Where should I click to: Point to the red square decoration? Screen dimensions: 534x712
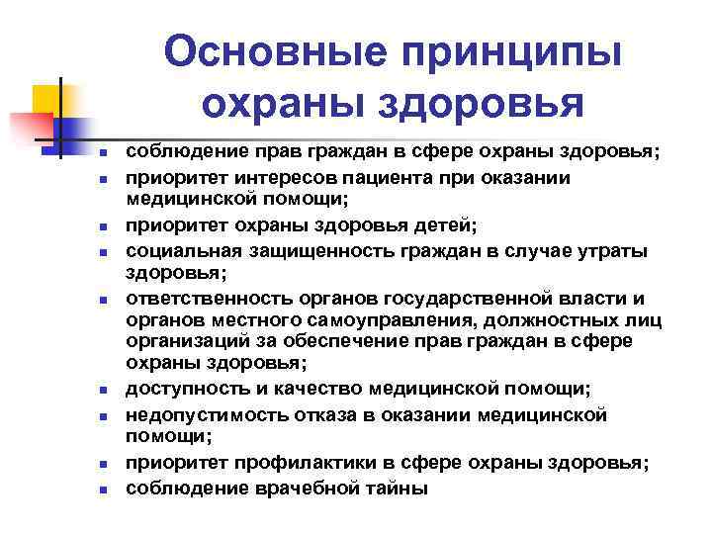click(31, 129)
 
